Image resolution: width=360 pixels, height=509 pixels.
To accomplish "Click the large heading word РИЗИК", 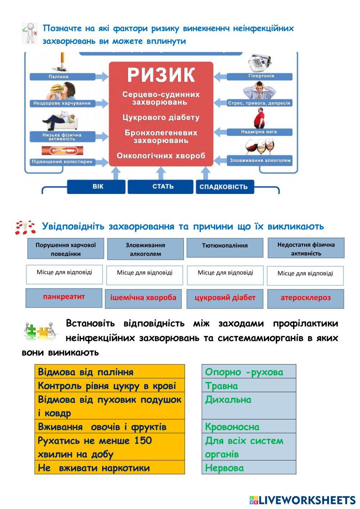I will tap(161, 75).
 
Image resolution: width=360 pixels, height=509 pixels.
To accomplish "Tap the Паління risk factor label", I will tap(58, 77).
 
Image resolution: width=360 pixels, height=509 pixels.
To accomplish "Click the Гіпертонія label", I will tap(261, 76).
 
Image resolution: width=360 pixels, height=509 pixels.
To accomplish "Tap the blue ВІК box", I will tap(98, 187).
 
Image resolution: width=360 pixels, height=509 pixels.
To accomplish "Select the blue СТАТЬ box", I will tap(163, 186).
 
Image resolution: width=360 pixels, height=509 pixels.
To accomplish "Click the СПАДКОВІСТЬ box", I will tap(224, 187).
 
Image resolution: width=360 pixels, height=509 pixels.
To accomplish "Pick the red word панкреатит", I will tap(64, 297).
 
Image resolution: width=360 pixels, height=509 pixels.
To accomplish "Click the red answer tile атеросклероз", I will tap(305, 298).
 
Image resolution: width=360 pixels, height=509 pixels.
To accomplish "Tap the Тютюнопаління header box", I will tap(225, 246).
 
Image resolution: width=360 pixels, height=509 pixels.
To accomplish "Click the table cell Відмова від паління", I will tap(109, 372).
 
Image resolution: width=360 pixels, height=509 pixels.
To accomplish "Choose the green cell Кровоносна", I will tap(248, 427).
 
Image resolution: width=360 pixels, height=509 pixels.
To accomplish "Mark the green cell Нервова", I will tap(248, 468).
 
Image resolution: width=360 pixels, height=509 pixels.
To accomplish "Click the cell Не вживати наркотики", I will tap(109, 468).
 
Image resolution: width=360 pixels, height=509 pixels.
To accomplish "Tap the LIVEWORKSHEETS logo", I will tap(302, 500).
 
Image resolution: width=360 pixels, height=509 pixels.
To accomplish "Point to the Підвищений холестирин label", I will tap(62, 162).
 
